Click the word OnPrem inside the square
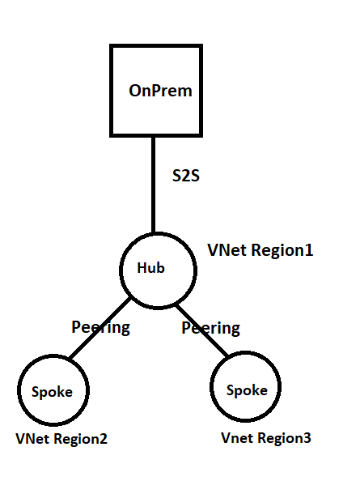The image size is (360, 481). tap(160, 91)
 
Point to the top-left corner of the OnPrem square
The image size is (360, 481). tap(111, 47)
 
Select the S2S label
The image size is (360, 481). tap(186, 176)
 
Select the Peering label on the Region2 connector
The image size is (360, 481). tap(100, 328)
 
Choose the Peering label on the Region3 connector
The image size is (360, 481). tap(210, 328)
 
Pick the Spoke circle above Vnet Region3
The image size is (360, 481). tap(247, 389)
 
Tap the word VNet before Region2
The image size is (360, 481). tap(32, 439)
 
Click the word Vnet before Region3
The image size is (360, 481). tap(237, 438)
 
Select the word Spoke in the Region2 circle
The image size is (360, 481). tap(52, 392)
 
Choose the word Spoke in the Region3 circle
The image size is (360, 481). tap(247, 390)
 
